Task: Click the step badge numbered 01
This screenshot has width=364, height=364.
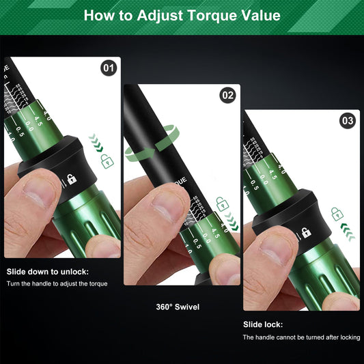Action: click(109, 68)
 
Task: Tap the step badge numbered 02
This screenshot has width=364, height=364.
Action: click(227, 96)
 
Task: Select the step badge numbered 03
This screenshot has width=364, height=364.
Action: click(348, 121)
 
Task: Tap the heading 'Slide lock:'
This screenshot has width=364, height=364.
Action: click(263, 324)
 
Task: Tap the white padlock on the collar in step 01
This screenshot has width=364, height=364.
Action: click(72, 180)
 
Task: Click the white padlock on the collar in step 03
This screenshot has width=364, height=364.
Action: click(307, 233)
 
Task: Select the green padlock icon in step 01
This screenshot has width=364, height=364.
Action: click(107, 161)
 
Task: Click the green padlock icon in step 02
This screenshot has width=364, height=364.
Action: click(221, 203)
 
